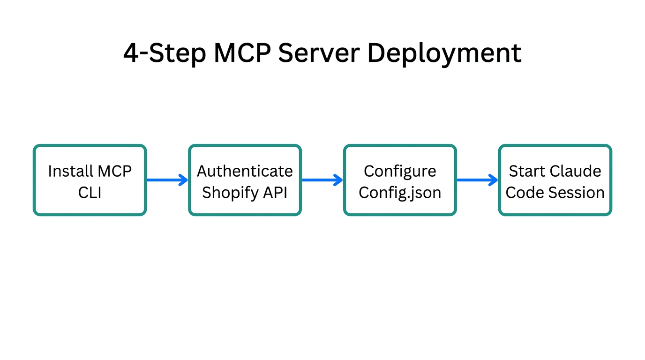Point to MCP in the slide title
[x=242, y=53]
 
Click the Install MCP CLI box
[x=90, y=180]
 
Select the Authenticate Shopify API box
[x=245, y=180]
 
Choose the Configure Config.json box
[x=400, y=180]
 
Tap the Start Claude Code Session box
[x=555, y=180]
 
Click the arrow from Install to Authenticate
[x=167, y=180]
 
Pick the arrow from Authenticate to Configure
[x=322, y=180]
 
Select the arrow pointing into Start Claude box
[x=477, y=180]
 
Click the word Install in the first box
[x=69, y=171]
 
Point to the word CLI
[x=90, y=192]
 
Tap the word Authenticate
[x=245, y=171]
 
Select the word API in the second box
[x=277, y=192]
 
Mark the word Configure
[x=400, y=171]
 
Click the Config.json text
[x=400, y=193]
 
